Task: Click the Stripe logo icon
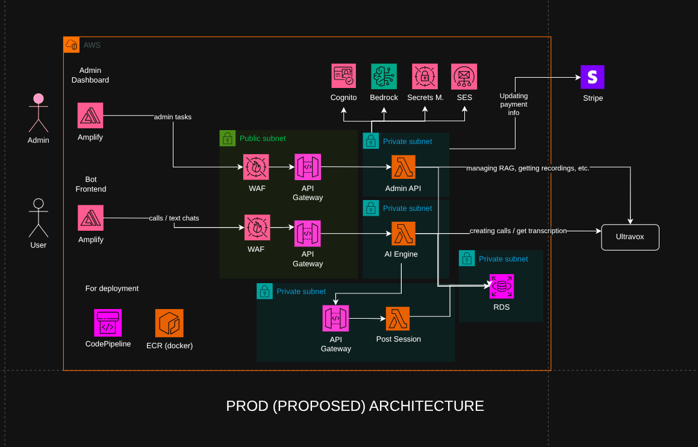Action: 592,77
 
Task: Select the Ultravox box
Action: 630,237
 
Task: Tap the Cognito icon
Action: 343,77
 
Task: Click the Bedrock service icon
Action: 384,77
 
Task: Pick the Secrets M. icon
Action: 425,77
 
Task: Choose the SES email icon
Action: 464,77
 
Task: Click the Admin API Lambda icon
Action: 403,167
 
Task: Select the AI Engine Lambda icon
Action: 403,233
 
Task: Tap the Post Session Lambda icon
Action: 397,319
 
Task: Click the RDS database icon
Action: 501,287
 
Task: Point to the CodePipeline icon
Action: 108,323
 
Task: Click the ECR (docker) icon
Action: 169,323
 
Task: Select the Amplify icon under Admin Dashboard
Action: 90,115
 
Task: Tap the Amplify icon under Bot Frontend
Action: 90,217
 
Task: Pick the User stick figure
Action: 39,217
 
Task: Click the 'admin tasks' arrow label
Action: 173,117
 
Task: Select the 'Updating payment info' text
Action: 513,104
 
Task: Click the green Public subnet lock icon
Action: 227,138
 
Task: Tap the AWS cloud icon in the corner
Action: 71,45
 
